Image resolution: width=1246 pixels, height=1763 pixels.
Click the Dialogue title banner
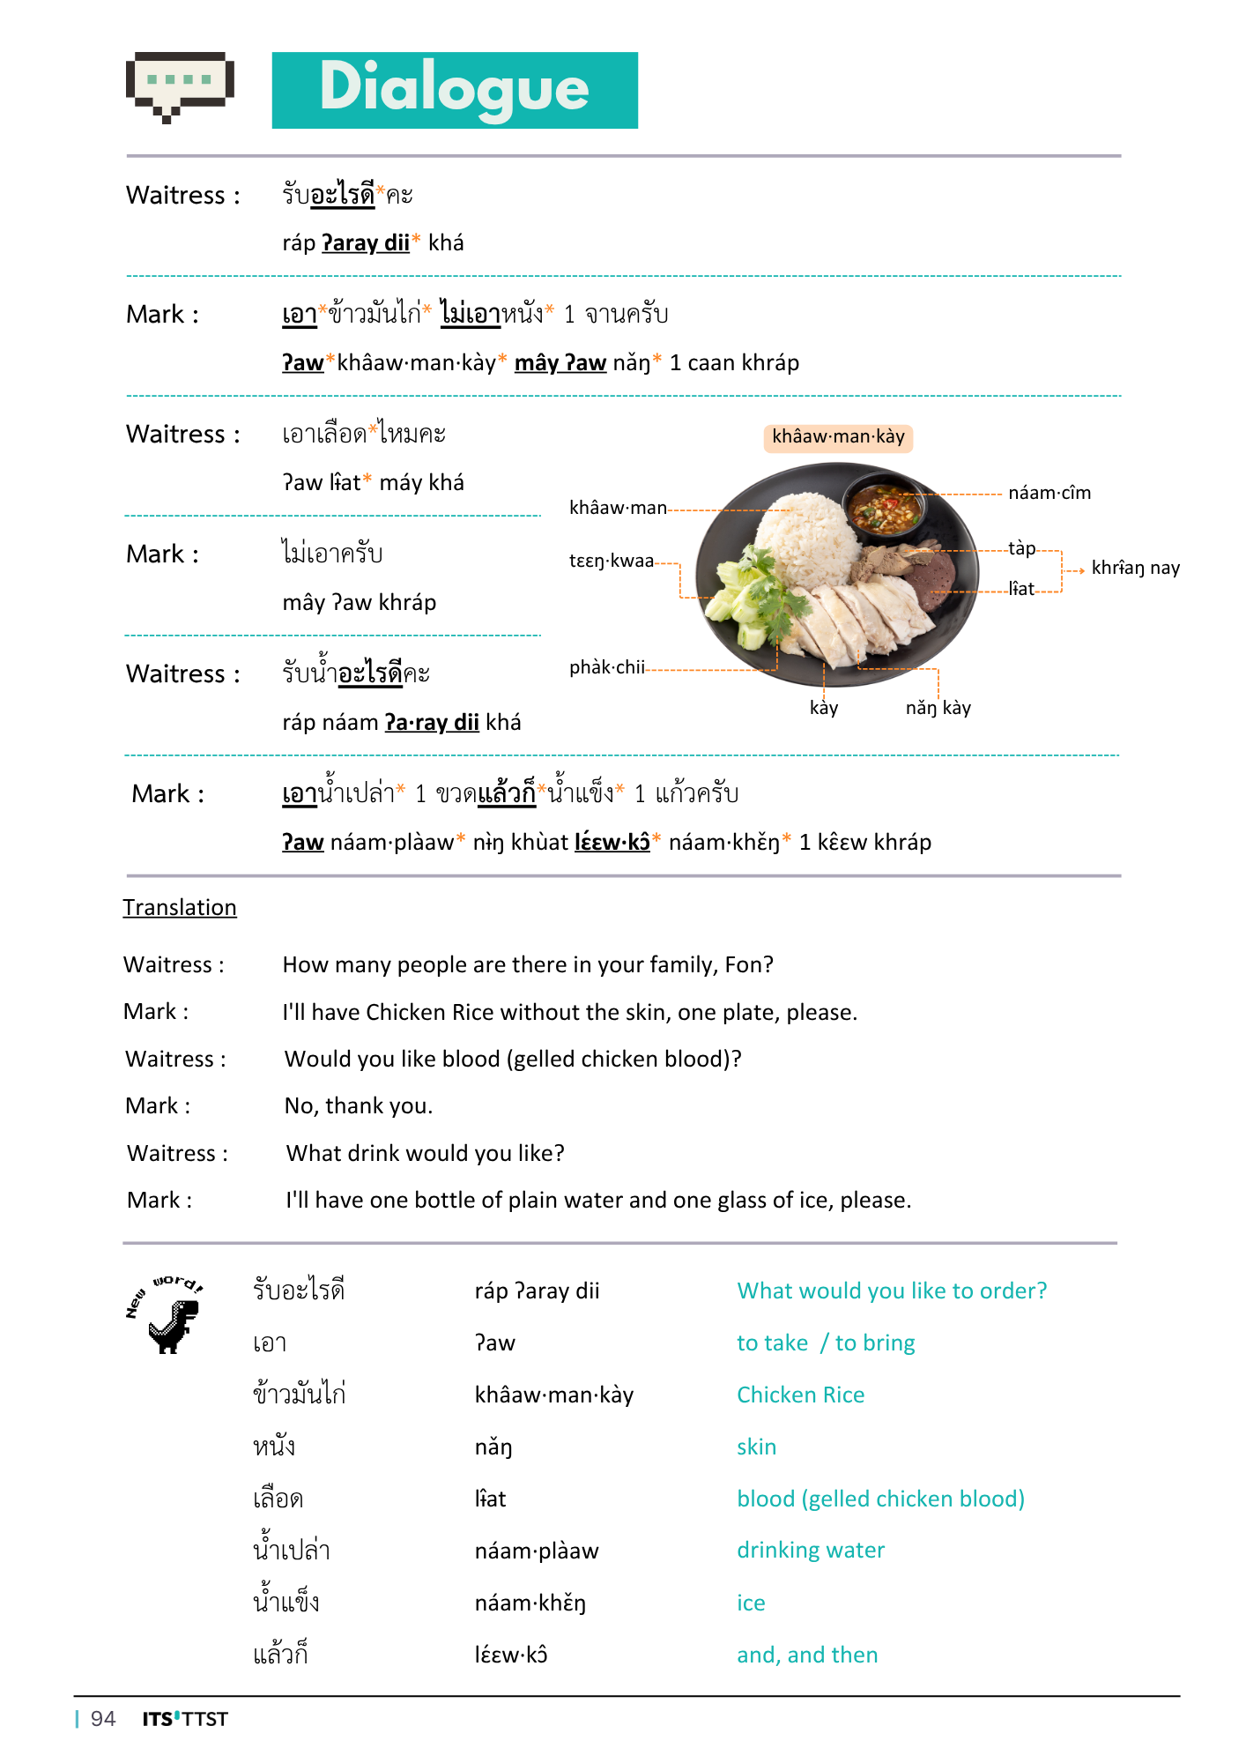tap(455, 90)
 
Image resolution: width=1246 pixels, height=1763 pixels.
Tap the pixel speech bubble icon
tap(180, 85)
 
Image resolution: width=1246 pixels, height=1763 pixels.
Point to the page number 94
tap(103, 1719)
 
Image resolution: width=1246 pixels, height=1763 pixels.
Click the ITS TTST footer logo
tap(185, 1719)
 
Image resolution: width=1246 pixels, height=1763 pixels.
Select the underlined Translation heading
tap(180, 907)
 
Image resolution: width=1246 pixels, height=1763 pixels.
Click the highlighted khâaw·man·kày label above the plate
tap(838, 437)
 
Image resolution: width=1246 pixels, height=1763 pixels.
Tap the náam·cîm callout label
tap(1049, 493)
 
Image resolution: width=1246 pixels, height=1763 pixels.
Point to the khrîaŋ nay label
tap(1135, 568)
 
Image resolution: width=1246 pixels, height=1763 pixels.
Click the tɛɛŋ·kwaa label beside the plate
tap(612, 561)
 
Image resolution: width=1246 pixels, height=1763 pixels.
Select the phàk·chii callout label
tap(607, 667)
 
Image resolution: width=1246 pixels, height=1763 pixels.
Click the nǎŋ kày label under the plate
tap(938, 708)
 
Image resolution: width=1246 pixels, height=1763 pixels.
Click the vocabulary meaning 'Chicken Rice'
tap(800, 1395)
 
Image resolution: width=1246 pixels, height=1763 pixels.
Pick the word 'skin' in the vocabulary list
tap(756, 1447)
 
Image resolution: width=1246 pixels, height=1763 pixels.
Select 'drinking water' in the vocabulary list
tap(811, 1550)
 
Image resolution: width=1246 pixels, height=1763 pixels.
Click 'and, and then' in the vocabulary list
tap(807, 1655)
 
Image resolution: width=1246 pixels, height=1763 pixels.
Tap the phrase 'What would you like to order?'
tap(892, 1291)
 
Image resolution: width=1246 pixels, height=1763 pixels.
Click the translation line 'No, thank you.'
tap(359, 1105)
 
